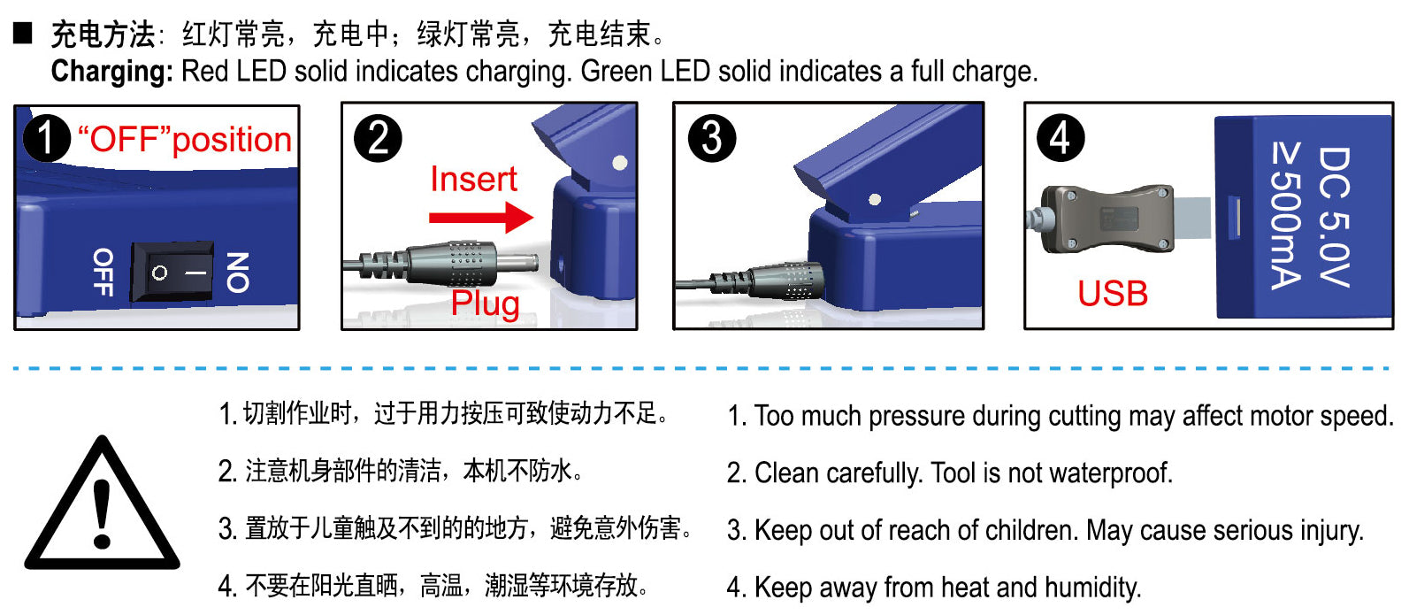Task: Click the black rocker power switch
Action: pos(172,272)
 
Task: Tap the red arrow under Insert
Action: pos(480,217)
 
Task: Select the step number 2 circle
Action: pos(378,139)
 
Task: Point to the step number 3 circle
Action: pos(712,138)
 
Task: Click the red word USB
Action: pos(1113,293)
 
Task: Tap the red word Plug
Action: pos(485,303)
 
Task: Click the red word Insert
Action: pos(473,180)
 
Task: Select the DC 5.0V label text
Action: pos(1333,217)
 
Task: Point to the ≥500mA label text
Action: pos(1285,216)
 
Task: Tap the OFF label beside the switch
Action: pos(103,272)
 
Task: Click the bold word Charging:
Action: pos(111,72)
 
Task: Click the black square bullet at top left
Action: pos(22,34)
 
